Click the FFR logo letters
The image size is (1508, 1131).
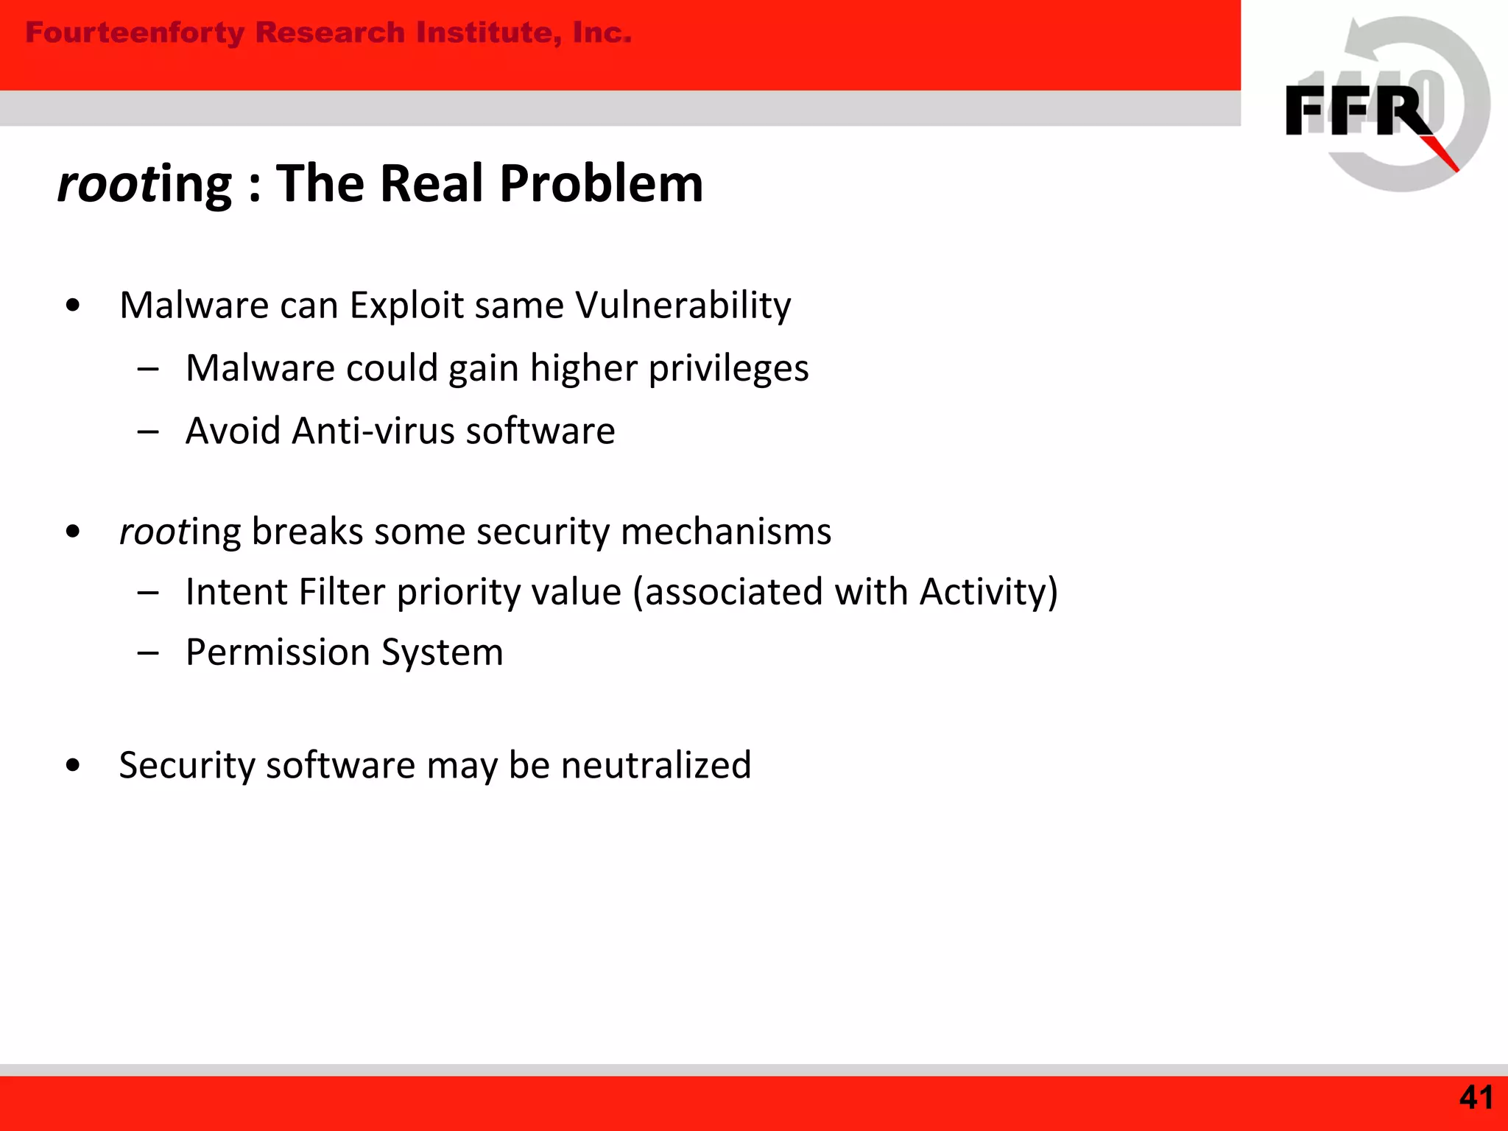[x=1359, y=110]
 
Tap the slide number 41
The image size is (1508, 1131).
[x=1476, y=1098]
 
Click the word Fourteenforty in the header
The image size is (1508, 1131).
[x=135, y=33]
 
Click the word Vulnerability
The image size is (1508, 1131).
[x=683, y=305]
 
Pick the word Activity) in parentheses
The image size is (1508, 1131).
[x=989, y=592]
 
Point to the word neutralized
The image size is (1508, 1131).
[x=656, y=765]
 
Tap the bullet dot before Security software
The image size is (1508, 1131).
[x=72, y=766]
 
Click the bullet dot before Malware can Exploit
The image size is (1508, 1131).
[x=72, y=306]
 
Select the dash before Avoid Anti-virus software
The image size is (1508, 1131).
[x=148, y=431]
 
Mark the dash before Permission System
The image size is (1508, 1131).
[x=148, y=653]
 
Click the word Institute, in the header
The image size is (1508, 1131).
[x=485, y=33]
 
